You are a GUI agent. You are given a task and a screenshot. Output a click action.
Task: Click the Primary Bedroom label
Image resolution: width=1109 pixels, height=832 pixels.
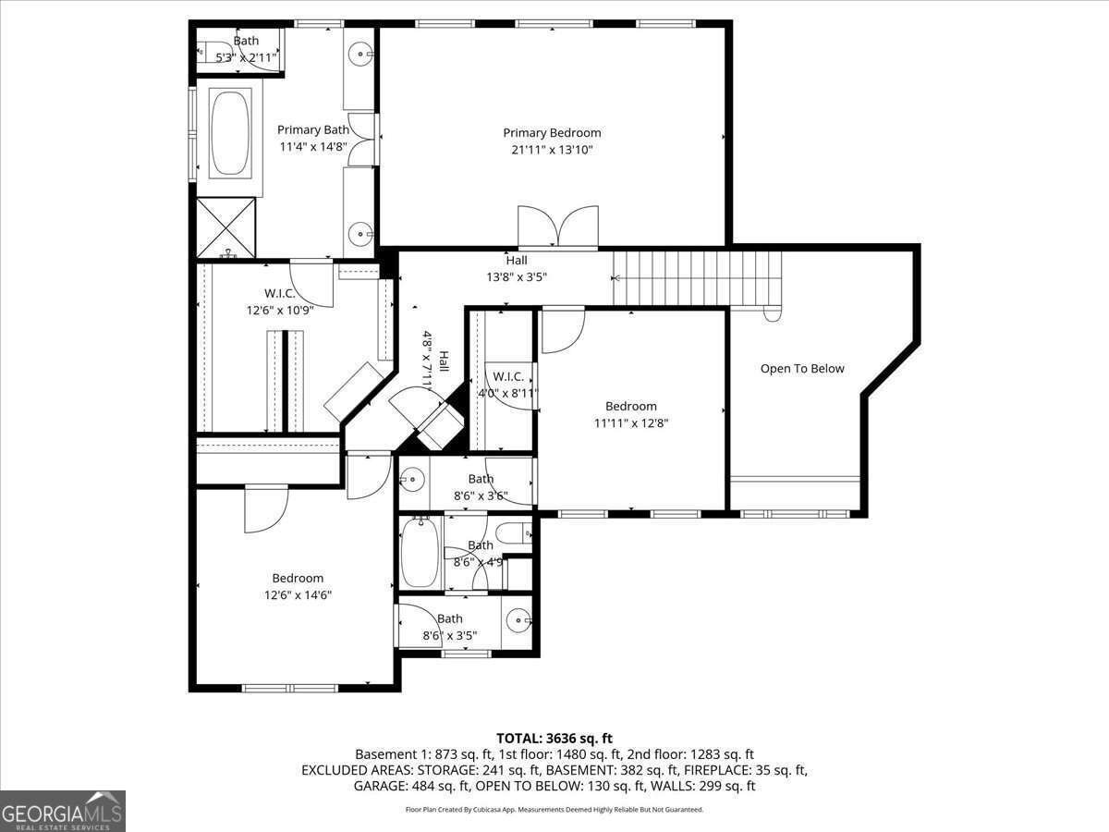point(552,133)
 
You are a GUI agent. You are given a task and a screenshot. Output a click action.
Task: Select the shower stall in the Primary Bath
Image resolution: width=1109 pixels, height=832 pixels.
point(226,227)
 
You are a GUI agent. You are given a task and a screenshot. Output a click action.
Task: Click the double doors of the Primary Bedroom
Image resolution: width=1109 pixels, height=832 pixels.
point(558,227)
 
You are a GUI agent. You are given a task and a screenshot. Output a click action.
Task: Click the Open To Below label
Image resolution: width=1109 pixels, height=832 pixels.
point(802,369)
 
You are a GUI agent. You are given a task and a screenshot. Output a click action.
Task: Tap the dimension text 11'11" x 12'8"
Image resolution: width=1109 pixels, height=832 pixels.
point(631,423)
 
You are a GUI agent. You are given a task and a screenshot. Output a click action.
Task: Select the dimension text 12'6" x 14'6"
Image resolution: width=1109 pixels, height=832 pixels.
point(298,595)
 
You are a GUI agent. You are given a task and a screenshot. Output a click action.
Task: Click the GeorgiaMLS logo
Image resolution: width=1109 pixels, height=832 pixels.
point(63,811)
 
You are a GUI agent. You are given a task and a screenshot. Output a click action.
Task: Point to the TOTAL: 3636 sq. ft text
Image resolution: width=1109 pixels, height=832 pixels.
point(554,738)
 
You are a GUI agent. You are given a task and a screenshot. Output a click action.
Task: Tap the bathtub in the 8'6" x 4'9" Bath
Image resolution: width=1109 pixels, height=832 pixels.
point(420,554)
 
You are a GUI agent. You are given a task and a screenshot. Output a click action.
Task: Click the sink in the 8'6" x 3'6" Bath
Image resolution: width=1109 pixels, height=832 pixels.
point(413,479)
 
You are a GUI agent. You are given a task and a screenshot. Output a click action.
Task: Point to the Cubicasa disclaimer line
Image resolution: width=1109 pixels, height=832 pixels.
point(554,810)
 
